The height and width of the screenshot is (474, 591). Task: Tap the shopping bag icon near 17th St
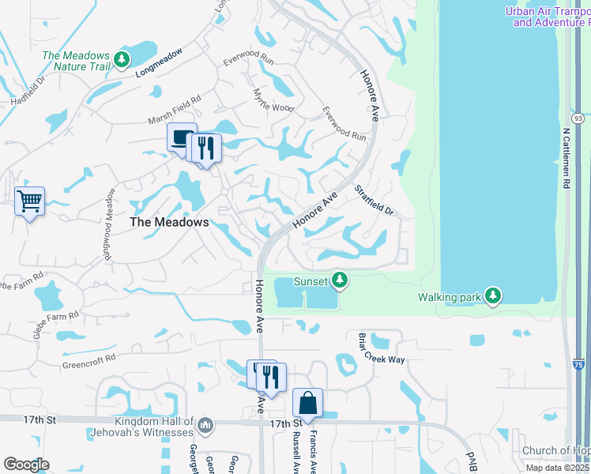pos(307,403)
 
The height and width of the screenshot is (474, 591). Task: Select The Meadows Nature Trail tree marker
pos(121,58)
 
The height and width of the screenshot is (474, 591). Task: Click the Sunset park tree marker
pos(339,280)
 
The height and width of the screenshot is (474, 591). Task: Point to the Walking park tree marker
pos(493,295)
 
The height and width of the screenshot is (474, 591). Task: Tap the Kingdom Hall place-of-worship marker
pos(205,426)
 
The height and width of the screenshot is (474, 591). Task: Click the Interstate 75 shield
pos(578,365)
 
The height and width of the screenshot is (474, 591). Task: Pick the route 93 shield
pos(578,118)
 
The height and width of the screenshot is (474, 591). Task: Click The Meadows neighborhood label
pos(169,223)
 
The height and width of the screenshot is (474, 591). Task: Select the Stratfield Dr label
pos(373,201)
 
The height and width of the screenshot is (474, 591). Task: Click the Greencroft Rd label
pos(89,360)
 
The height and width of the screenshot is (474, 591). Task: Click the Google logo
pos(25,465)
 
